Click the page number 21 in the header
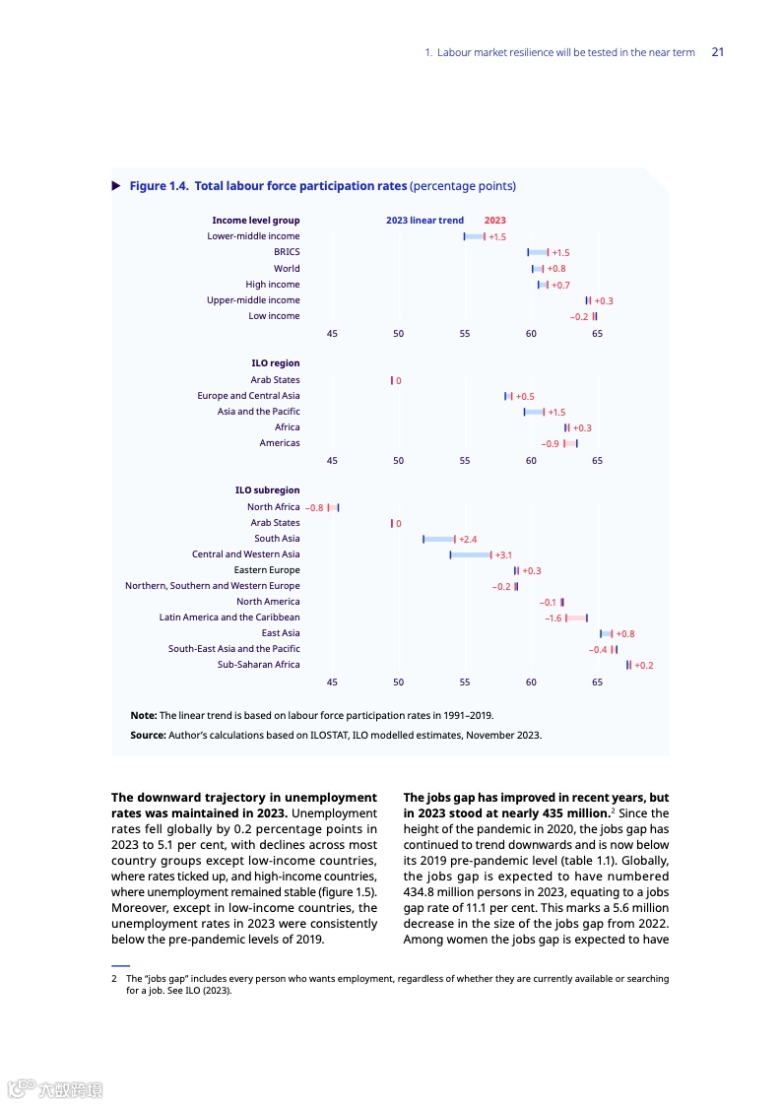[717, 52]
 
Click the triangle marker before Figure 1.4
[116, 185]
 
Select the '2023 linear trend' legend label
[424, 221]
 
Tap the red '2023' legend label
[494, 221]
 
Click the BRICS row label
[287, 252]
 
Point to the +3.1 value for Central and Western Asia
[503, 555]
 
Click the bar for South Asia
[438, 539]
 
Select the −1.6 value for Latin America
[553, 618]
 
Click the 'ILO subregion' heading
[267, 490]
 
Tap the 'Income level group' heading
[256, 221]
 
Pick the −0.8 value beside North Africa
[314, 508]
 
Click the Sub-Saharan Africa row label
[258, 665]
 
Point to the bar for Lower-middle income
[474, 236]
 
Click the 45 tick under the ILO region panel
[332, 460]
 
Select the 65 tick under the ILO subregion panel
[597, 682]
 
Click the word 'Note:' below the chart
[144, 716]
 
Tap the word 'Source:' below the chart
[149, 736]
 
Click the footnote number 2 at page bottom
[114, 979]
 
